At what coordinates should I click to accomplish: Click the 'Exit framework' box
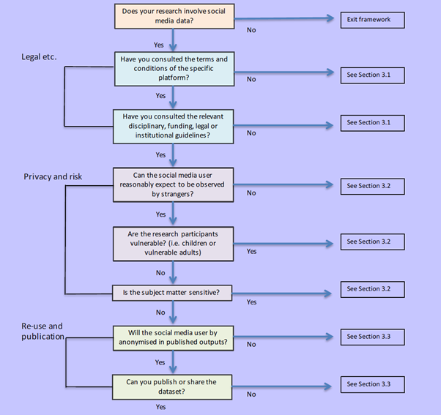pyautogui.click(x=372, y=20)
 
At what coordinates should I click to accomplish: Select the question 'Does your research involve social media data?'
pyautogui.click(x=174, y=16)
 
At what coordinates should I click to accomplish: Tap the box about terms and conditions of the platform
pyautogui.click(x=174, y=68)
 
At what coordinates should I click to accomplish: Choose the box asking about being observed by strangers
pyautogui.click(x=174, y=184)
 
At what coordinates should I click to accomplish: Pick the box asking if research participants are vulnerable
pyautogui.click(x=174, y=242)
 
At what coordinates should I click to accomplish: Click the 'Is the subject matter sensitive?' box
pyautogui.click(x=174, y=293)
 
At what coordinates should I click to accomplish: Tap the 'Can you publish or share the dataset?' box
pyautogui.click(x=174, y=386)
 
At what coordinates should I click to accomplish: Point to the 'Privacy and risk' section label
pyautogui.click(x=53, y=176)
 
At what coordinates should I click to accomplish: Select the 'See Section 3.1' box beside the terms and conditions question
pyautogui.click(x=372, y=74)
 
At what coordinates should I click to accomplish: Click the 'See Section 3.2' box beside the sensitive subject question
pyautogui.click(x=372, y=288)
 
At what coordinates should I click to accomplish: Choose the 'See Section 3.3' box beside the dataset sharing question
pyautogui.click(x=372, y=384)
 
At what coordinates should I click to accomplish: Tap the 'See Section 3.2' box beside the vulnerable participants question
pyautogui.click(x=372, y=241)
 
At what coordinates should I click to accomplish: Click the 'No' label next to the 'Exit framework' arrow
pyautogui.click(x=251, y=31)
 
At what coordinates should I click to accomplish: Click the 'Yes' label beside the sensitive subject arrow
pyautogui.click(x=251, y=302)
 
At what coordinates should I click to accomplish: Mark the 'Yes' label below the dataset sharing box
pyautogui.click(x=160, y=407)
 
